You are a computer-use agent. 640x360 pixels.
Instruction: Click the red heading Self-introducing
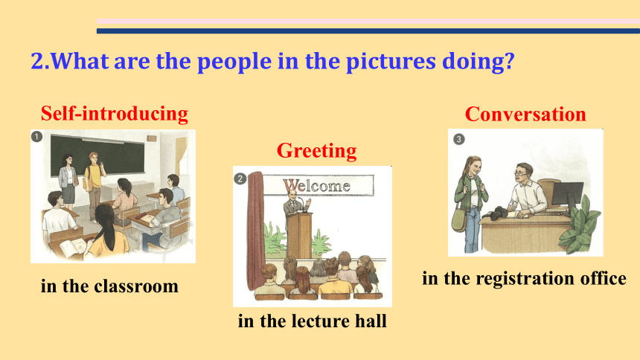pos(115,114)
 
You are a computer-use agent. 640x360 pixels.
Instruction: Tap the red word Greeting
pos(317,151)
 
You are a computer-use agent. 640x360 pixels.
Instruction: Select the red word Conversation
pos(525,114)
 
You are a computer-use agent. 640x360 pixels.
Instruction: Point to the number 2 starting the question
pos(37,61)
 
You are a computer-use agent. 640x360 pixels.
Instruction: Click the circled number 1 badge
pos(36,136)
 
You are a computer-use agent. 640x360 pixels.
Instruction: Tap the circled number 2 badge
pos(240,179)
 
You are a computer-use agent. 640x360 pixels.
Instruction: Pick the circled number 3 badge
pos(458,139)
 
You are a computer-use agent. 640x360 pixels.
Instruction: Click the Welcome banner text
pos(317,186)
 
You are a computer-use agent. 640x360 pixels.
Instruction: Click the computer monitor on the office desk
pos(567,196)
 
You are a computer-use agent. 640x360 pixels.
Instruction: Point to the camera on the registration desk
pos(497,213)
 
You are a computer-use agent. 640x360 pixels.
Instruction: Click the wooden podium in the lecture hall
pos(299,235)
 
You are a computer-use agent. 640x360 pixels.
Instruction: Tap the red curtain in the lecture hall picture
pos(256,231)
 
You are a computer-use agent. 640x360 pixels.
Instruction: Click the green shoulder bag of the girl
pos(460,219)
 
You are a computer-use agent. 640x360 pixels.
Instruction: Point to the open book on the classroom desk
pos(72,247)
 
